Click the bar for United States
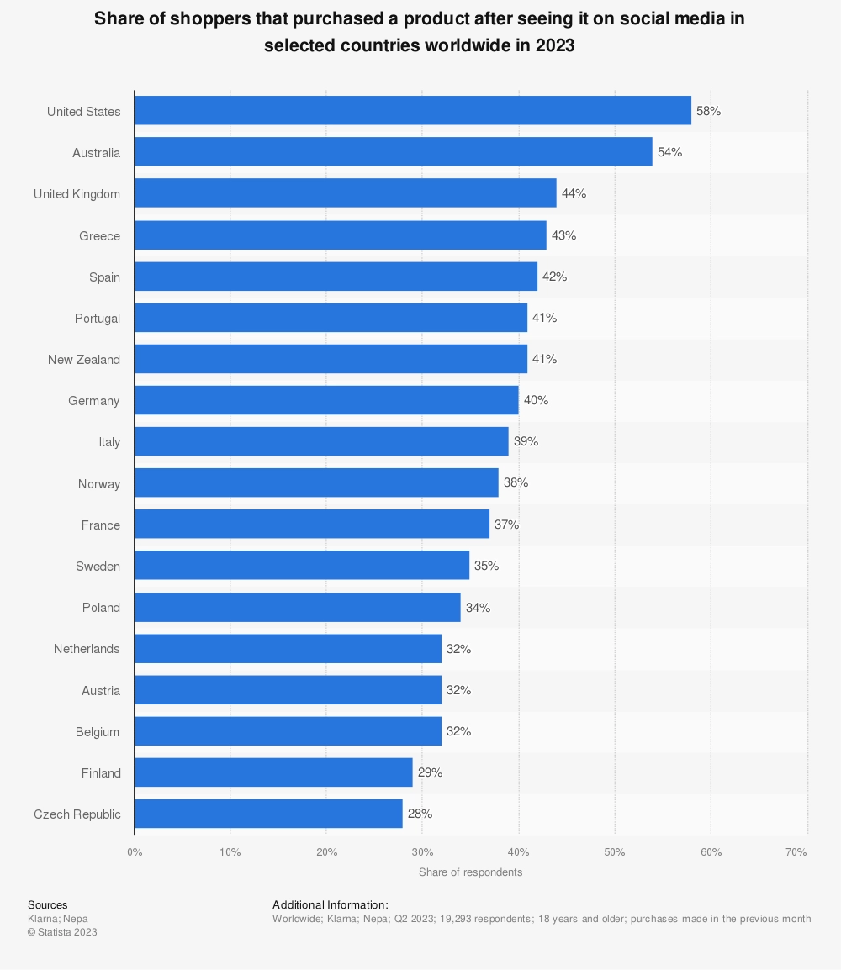pyautogui.click(x=412, y=111)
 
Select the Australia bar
pyautogui.click(x=393, y=152)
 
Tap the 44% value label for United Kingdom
pyautogui.click(x=574, y=193)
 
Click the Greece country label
pyautogui.click(x=99, y=235)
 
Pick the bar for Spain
pyautogui.click(x=336, y=277)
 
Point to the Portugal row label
pyautogui.click(x=97, y=318)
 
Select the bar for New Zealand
pyautogui.click(x=331, y=359)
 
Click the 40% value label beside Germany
pyautogui.click(x=536, y=400)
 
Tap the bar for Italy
pyautogui.click(x=321, y=441)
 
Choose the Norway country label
pyautogui.click(x=98, y=483)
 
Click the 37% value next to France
pyautogui.click(x=506, y=525)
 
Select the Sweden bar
pyautogui.click(x=302, y=566)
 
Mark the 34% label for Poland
pyautogui.click(x=478, y=607)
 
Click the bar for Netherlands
pyautogui.click(x=288, y=648)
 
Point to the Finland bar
pyautogui.click(x=273, y=772)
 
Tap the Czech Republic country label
pyautogui.click(x=77, y=814)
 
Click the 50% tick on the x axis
pyautogui.click(x=615, y=851)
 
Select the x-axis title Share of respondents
pyautogui.click(x=470, y=872)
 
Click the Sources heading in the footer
pyautogui.click(x=47, y=904)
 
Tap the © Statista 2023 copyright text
pyautogui.click(x=62, y=931)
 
